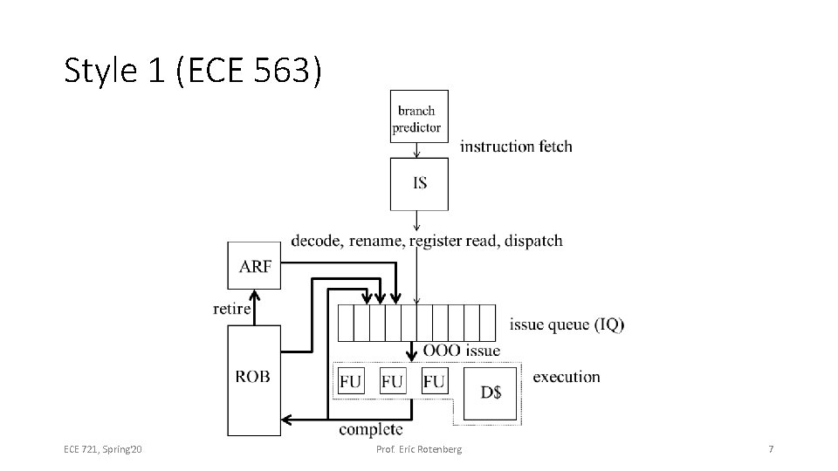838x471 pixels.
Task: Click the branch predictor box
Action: (x=419, y=117)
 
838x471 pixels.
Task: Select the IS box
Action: (x=419, y=183)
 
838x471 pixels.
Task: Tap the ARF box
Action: (x=255, y=265)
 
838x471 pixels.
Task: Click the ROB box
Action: (x=253, y=377)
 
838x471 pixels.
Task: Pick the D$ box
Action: (x=491, y=392)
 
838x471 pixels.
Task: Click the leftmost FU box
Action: (x=350, y=381)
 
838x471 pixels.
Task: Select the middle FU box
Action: (x=393, y=381)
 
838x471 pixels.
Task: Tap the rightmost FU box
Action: (x=434, y=381)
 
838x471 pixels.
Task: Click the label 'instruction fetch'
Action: (x=516, y=146)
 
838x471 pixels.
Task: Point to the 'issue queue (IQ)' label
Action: (x=567, y=324)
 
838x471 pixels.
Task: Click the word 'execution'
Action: (x=566, y=377)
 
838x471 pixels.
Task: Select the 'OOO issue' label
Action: (x=462, y=351)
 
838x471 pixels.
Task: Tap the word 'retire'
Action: (x=231, y=308)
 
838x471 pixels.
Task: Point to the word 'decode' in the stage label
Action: (x=316, y=240)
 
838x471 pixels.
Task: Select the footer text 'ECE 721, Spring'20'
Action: (x=103, y=449)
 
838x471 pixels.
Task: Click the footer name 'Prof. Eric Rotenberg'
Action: (x=419, y=449)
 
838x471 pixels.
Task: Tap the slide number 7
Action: (x=771, y=449)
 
